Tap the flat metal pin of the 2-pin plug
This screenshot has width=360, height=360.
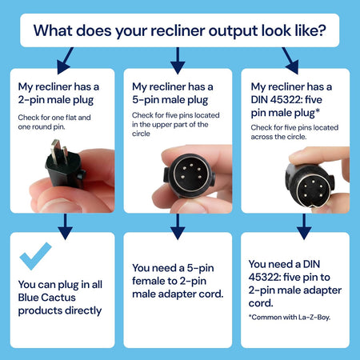coord(55,152)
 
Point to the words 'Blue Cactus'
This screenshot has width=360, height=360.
coord(47,298)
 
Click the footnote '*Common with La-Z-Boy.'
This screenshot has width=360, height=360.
coord(290,318)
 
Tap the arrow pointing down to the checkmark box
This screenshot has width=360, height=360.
coord(65,226)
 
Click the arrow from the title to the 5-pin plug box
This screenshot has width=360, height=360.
coord(178,61)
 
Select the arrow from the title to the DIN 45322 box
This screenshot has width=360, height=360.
coord(290,61)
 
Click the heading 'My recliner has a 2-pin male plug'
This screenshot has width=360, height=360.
coord(58,93)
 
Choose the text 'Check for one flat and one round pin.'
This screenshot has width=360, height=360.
coord(54,122)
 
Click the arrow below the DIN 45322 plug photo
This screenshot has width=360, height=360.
coord(304,226)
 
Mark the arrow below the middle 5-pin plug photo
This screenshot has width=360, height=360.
coord(178,226)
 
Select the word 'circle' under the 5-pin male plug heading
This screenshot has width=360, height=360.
coord(141,134)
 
